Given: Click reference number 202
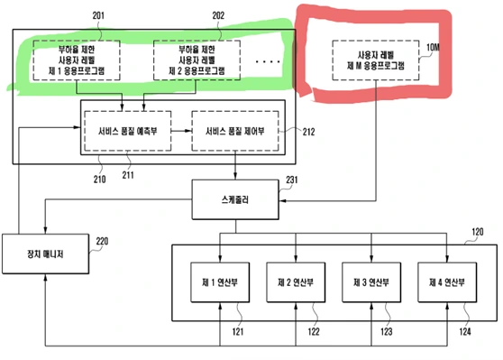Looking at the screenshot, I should (219, 14).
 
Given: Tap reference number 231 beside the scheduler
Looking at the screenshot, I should (291, 180).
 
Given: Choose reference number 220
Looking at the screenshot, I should (101, 241).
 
